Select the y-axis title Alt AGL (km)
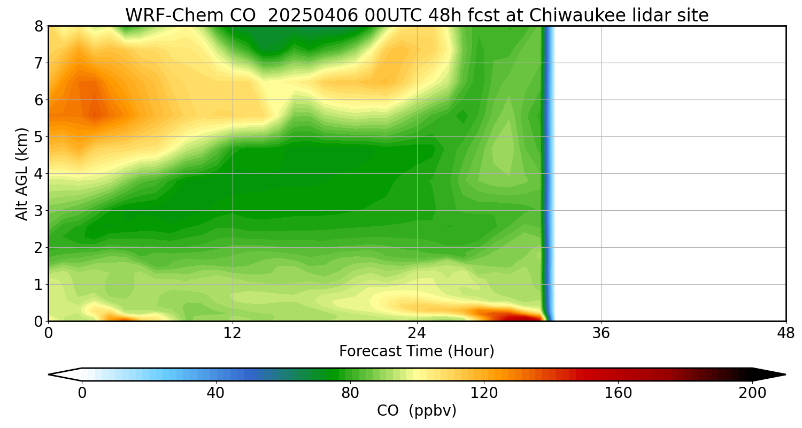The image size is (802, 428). point(22,173)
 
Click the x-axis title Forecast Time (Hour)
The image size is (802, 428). point(417,351)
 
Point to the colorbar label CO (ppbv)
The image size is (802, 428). point(417,411)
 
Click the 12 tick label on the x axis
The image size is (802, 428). point(233,333)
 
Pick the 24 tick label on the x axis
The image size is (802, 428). point(417,333)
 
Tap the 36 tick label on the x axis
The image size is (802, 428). point(601,333)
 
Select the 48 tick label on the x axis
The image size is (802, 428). point(785,333)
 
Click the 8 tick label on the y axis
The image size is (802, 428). point(38,26)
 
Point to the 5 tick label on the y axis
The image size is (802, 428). point(38,137)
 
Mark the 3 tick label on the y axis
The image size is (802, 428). point(38,211)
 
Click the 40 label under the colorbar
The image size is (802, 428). point(215,393)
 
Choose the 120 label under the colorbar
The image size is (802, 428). point(484,393)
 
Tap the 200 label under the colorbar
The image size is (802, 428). point(752,393)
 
